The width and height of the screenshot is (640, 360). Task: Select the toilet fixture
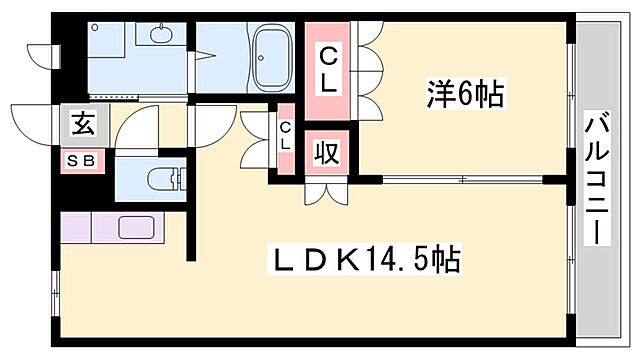click(x=163, y=180)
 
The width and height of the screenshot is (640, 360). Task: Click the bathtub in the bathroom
click(x=270, y=57)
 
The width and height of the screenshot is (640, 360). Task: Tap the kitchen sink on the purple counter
click(x=134, y=226)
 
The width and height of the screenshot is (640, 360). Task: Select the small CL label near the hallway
click(x=285, y=135)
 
